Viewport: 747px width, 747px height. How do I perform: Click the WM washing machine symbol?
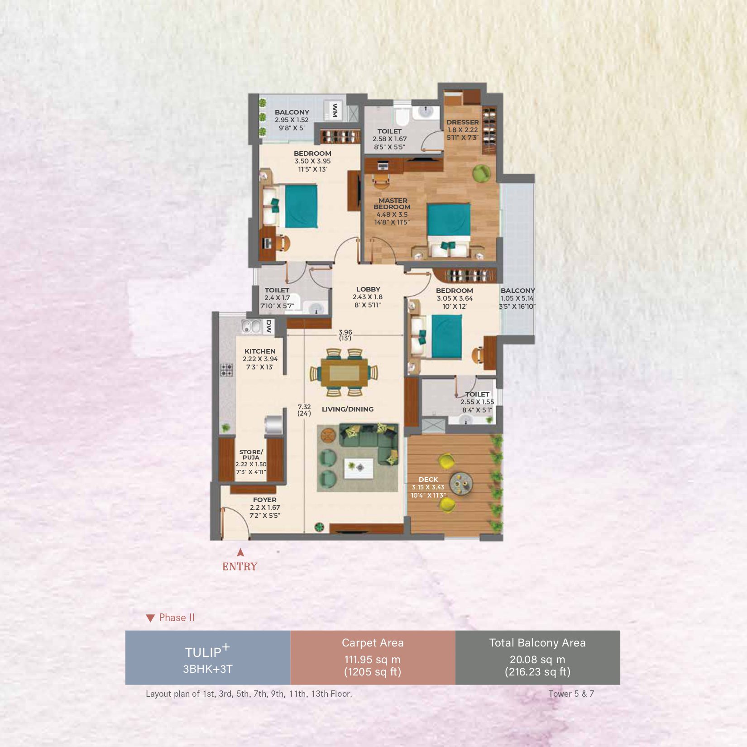click(335, 110)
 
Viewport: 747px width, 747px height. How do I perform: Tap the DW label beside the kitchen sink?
click(268, 326)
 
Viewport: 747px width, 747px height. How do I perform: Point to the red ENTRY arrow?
click(240, 552)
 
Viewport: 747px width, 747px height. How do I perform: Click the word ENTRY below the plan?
click(239, 566)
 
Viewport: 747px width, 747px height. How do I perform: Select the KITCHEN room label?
click(260, 351)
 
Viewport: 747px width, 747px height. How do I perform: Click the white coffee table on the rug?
click(359, 468)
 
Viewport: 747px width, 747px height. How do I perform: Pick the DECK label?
click(428, 479)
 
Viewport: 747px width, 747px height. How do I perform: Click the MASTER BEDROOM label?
click(393, 203)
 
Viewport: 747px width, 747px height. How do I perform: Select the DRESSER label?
click(462, 122)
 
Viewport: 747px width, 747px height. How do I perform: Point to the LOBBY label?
click(368, 289)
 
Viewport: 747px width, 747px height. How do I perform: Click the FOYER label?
click(265, 500)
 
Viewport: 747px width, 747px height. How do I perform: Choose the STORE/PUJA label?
click(251, 455)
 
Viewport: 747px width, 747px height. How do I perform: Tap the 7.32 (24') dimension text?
click(304, 410)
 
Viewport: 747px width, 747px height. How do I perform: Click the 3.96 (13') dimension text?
click(345, 335)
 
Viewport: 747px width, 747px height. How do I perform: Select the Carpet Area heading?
click(373, 643)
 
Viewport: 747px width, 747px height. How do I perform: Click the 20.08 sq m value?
click(537, 660)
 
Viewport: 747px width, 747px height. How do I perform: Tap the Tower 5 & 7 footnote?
click(571, 694)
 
